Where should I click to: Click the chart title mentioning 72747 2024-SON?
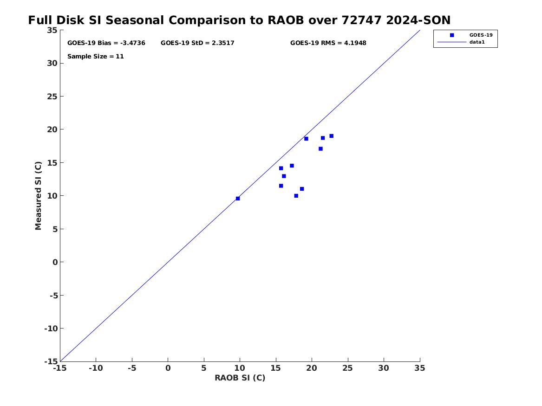coord(239,20)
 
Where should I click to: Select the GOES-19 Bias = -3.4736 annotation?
coord(106,43)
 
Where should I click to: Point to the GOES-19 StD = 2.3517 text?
coord(197,43)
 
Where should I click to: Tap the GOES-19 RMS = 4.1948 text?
coord(328,43)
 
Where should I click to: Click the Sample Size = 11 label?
coord(95,56)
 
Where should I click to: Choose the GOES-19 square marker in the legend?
coord(452,35)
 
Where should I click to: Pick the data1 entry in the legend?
coord(477,42)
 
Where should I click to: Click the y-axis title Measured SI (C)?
coord(39,196)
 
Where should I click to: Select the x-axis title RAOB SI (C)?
coord(240,378)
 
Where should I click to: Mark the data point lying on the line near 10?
coord(238,199)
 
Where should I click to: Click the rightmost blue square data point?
coord(332,136)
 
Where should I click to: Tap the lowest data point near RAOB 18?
coord(296,196)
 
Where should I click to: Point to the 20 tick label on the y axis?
coord(52,129)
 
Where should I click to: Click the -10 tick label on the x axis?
coord(96,368)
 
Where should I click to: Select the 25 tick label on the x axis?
coord(348,368)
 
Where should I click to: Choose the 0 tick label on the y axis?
coord(55,262)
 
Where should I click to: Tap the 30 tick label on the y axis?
coord(52,63)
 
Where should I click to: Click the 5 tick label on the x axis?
coord(204,368)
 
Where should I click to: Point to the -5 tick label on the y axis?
coord(53,295)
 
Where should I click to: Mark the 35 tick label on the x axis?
coord(420,368)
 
